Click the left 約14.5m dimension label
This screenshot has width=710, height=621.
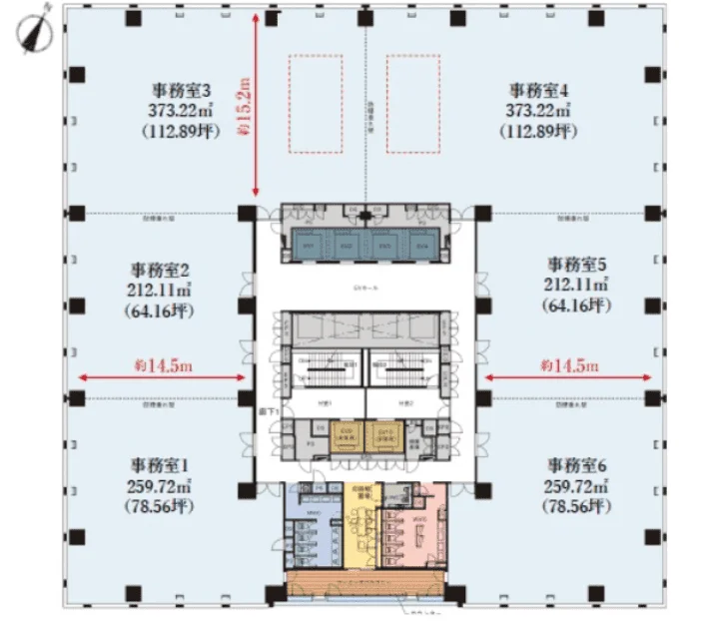[163, 366]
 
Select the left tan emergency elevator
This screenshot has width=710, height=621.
[346, 435]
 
